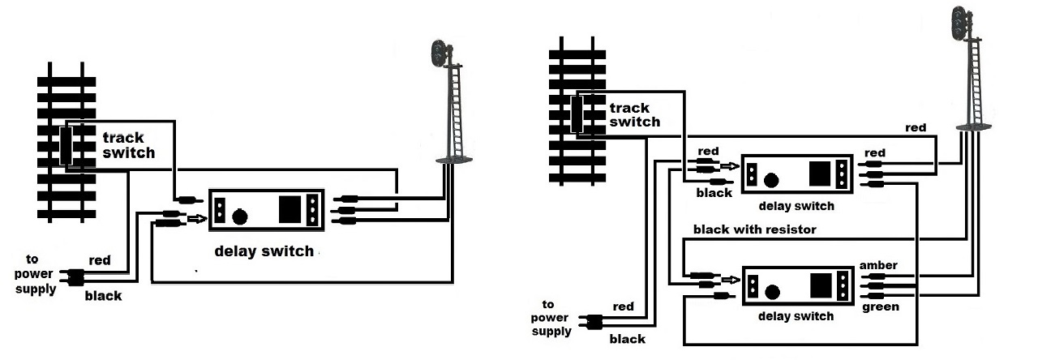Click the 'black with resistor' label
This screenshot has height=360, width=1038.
(754, 229)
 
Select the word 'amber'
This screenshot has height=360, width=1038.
(879, 265)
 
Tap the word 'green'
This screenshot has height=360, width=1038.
(879, 307)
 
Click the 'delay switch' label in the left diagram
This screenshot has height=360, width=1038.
(264, 251)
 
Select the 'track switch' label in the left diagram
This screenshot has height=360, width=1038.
(127, 145)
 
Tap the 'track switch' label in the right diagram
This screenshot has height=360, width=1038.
(634, 114)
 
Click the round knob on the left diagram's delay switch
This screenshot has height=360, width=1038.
(239, 216)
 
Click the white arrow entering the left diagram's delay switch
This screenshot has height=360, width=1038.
(197, 217)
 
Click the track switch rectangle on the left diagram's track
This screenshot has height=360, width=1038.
(66, 146)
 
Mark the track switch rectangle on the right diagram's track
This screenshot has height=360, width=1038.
(577, 114)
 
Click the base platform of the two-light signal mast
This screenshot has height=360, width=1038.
(450, 161)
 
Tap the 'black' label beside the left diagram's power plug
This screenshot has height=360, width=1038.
(103, 296)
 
